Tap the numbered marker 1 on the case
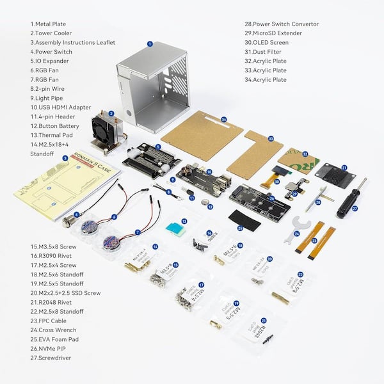(x=149, y=44)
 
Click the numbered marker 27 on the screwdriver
(x=355, y=208)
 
